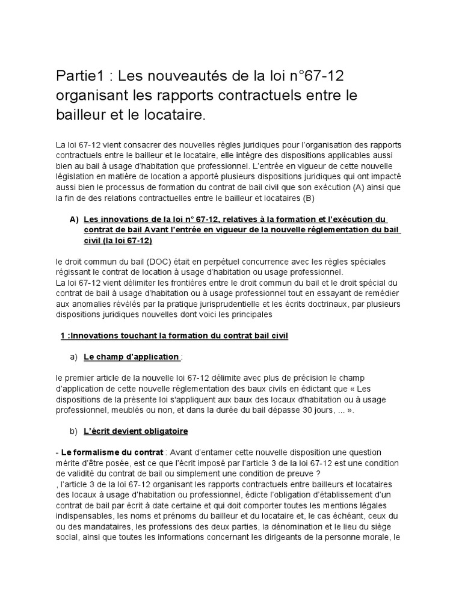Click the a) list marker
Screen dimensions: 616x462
[x=75, y=357]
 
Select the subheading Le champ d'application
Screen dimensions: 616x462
[x=131, y=357]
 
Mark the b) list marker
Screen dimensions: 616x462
[x=75, y=431]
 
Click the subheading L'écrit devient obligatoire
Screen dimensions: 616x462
[x=135, y=431]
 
